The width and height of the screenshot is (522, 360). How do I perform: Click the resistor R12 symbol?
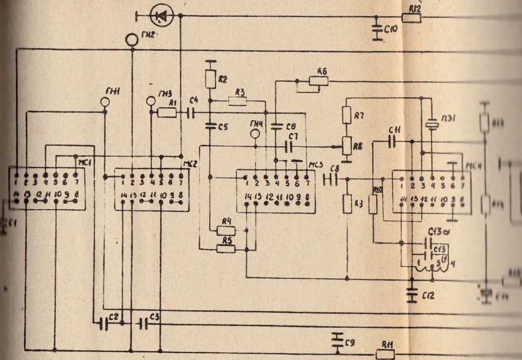(x=411, y=17)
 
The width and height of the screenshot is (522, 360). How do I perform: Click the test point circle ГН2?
(x=132, y=40)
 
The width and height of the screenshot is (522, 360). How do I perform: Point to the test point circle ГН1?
(x=105, y=102)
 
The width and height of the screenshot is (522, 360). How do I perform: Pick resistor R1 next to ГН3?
(x=167, y=112)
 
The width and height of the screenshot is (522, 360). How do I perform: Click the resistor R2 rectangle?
(x=210, y=77)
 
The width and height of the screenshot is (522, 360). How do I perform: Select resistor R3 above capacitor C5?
(x=237, y=101)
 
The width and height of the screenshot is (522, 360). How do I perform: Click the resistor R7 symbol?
(x=347, y=115)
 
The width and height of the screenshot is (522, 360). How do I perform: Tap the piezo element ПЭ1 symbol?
(x=432, y=123)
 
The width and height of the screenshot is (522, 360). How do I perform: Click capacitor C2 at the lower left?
(x=104, y=324)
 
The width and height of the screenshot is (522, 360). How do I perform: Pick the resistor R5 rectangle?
(x=225, y=249)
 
